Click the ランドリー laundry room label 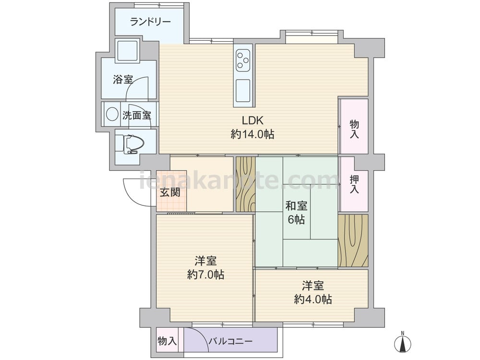(150, 22)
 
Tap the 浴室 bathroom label (123, 80)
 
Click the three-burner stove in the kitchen (243, 60)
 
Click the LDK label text (252, 120)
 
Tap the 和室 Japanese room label (296, 206)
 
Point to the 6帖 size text (296, 219)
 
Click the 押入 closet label (354, 184)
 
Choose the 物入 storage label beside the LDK (354, 129)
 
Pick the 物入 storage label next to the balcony (167, 341)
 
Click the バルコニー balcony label (231, 341)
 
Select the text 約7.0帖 (206, 275)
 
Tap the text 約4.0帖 (313, 299)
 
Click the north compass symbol (403, 342)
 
